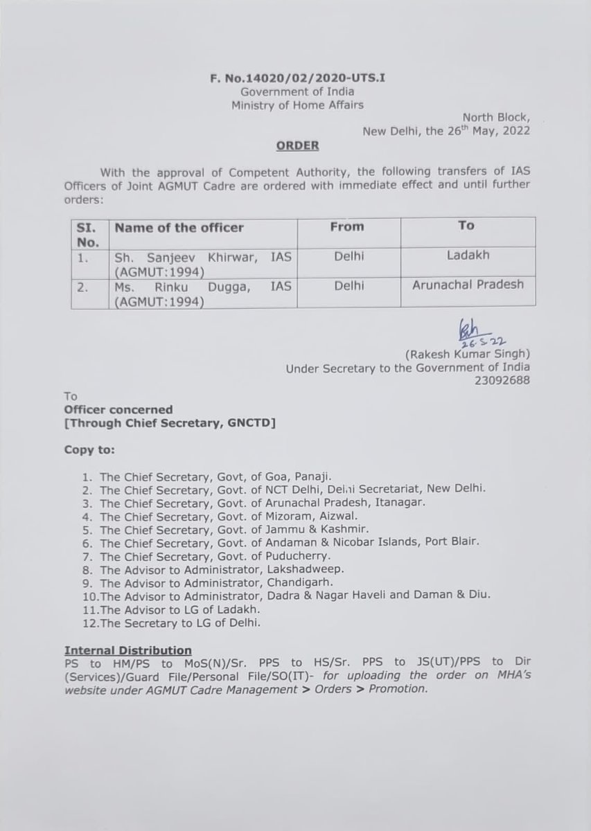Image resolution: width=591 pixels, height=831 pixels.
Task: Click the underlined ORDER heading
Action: [x=298, y=146]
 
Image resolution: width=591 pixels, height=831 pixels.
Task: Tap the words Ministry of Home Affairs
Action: [x=298, y=105]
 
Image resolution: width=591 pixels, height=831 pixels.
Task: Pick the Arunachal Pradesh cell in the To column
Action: [x=468, y=284]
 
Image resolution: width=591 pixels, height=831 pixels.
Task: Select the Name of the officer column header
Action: [x=179, y=227]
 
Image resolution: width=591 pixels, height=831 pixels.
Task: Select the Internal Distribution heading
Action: [x=128, y=650]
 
